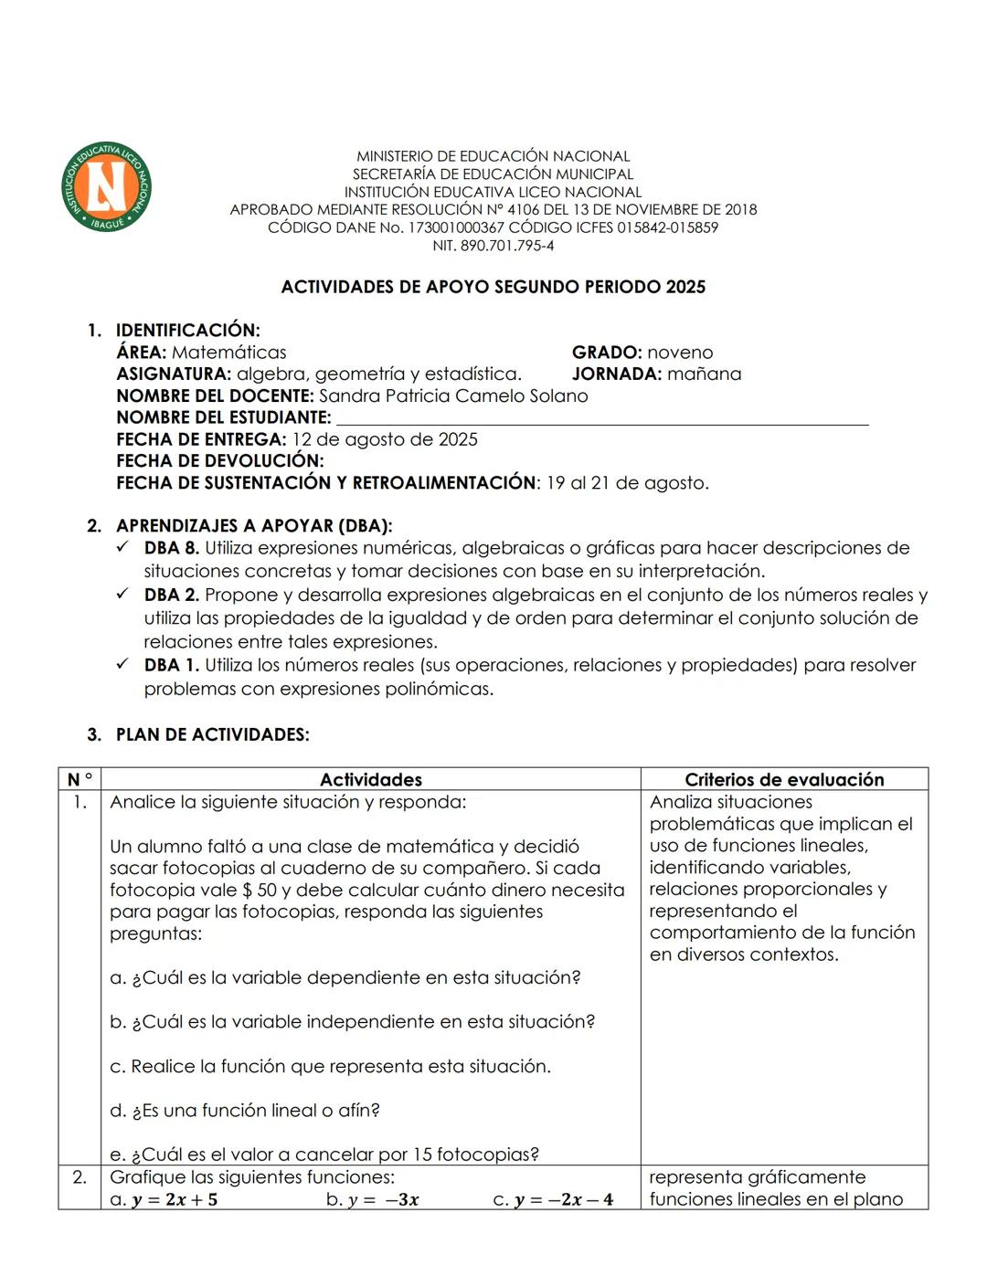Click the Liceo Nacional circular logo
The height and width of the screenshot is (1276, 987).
[106, 186]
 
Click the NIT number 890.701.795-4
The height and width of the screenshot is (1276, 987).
[493, 246]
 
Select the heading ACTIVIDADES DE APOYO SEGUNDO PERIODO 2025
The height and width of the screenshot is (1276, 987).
[493, 287]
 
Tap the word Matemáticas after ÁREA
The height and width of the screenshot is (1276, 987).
[228, 353]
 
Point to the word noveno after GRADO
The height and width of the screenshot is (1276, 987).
[680, 353]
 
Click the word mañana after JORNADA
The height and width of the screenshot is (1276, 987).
[704, 374]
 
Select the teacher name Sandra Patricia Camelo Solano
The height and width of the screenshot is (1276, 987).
[453, 396]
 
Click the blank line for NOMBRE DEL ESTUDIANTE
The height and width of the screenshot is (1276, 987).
[603, 420]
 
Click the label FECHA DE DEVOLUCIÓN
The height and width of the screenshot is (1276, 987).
[219, 461]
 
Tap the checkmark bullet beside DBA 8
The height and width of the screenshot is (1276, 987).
[123, 548]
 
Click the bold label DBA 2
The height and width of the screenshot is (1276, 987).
[171, 596]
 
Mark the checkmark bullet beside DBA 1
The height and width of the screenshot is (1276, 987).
[123, 665]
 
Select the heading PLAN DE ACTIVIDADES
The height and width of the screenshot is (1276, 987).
[212, 735]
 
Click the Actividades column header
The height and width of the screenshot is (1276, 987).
[370, 780]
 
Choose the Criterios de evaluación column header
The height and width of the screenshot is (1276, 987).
[784, 780]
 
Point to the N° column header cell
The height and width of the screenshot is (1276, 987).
[80, 780]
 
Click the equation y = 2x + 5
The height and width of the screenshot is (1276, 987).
[174, 1200]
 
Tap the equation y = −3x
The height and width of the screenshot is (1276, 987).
[383, 1200]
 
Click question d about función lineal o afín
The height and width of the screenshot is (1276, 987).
[245, 1111]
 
